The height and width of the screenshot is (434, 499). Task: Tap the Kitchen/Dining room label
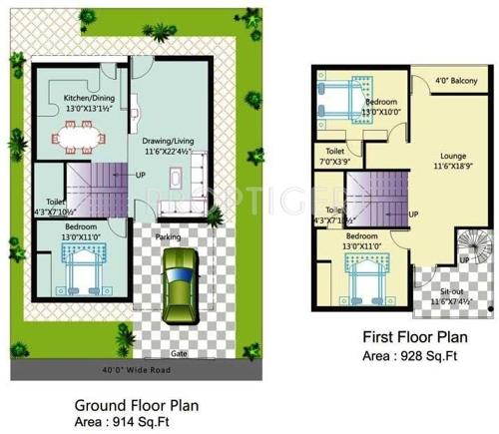pos(89,103)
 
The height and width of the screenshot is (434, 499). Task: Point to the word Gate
pos(180,354)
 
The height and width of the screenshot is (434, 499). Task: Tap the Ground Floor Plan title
pos(138,406)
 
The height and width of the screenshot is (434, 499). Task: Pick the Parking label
pos(167,237)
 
